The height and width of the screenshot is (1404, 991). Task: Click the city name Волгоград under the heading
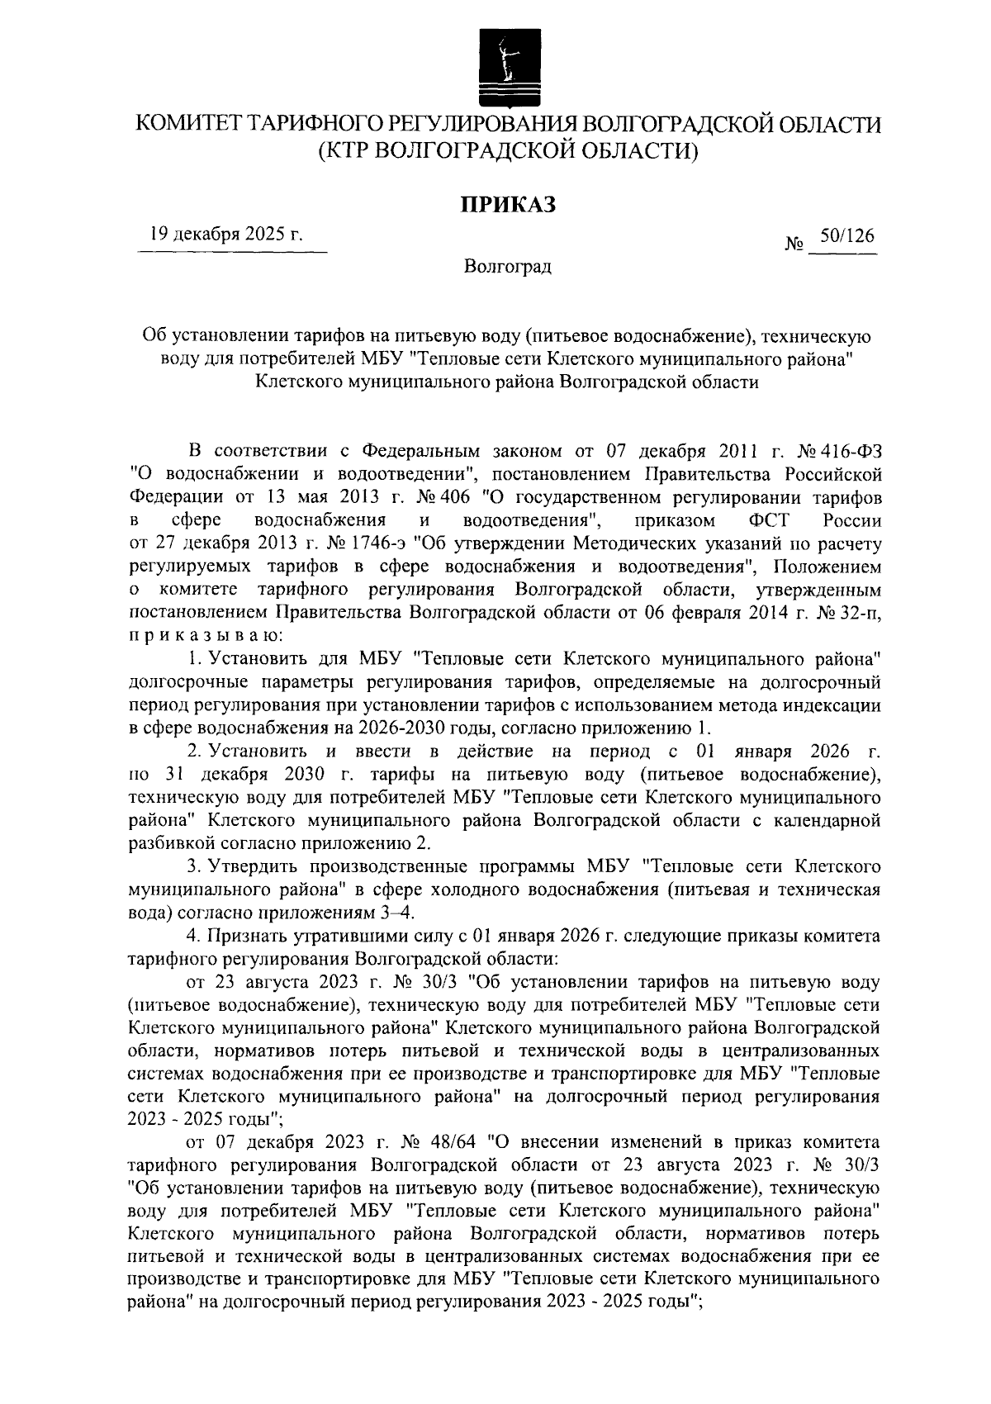point(507,267)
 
